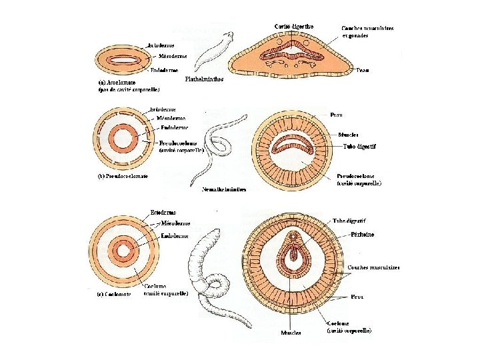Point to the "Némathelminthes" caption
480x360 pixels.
tap(224, 189)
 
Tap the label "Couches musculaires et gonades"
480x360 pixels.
tap(367, 31)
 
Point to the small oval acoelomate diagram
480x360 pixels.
tap(122, 60)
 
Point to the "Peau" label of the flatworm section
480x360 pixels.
tap(363, 69)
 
